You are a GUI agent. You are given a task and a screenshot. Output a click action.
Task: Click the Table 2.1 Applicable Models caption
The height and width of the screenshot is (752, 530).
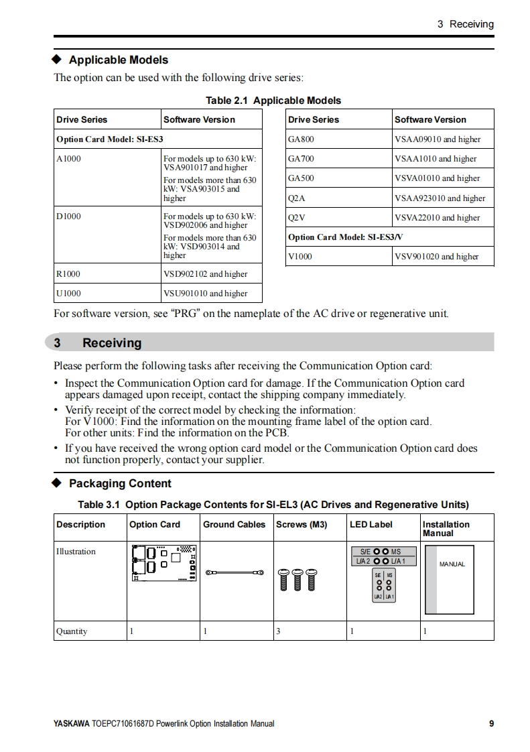click(273, 101)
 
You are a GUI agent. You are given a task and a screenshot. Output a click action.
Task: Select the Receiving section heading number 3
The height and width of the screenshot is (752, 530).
click(58, 343)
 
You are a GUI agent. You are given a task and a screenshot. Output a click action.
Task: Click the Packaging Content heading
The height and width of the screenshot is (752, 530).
click(120, 483)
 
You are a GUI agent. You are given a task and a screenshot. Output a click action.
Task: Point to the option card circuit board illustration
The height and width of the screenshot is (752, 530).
click(163, 564)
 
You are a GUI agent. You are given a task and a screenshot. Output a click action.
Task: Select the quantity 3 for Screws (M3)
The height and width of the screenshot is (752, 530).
click(278, 631)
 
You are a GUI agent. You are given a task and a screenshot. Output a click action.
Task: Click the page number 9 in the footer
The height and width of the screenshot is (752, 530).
click(491, 724)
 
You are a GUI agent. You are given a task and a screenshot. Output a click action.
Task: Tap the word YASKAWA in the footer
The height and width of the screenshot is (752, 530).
click(71, 724)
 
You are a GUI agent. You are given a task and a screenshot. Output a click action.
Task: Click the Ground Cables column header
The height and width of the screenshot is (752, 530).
click(234, 525)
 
